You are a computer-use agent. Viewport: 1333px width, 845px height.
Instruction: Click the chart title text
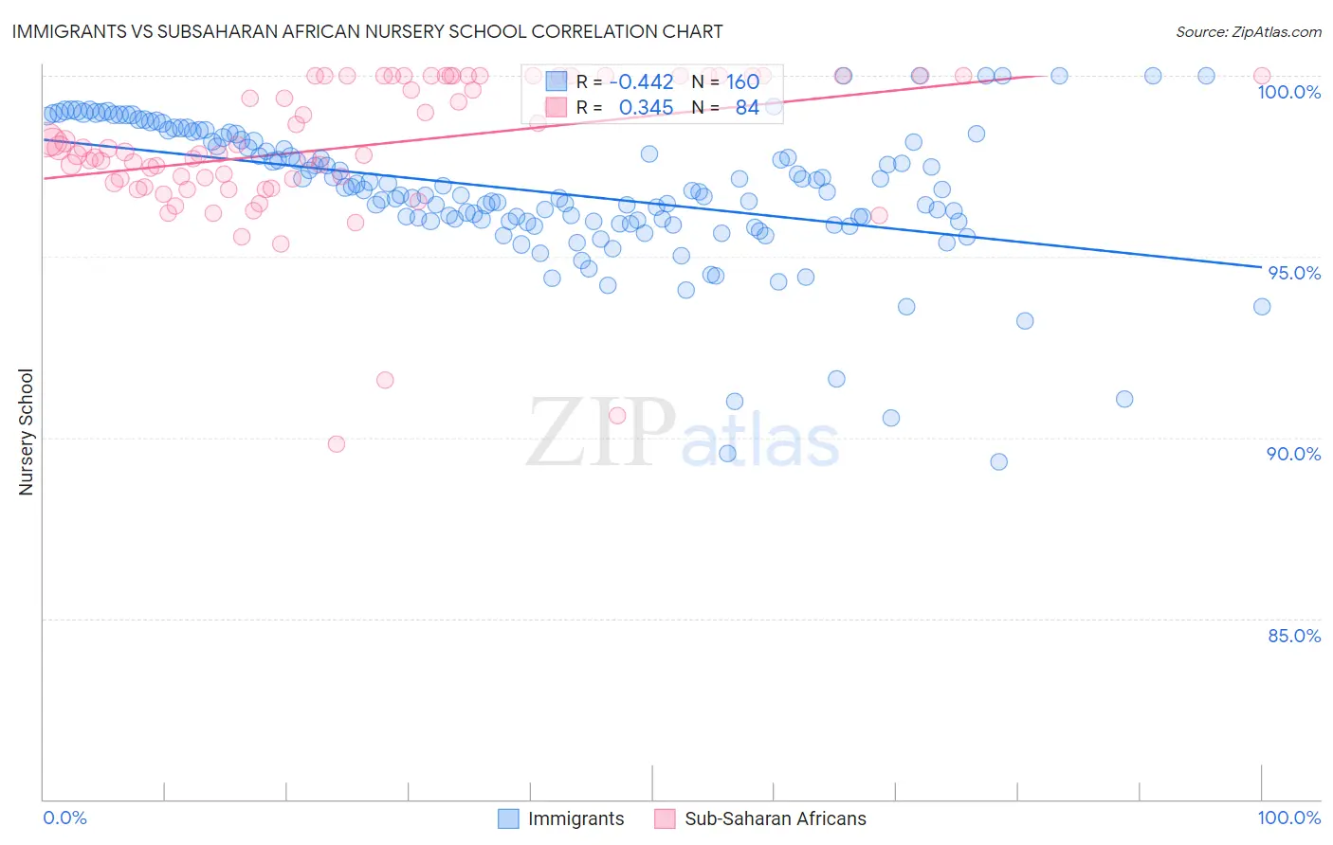point(367,31)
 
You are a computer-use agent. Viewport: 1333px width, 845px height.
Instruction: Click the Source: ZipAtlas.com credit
point(1248,31)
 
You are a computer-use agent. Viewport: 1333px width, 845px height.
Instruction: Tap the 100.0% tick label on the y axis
point(1288,92)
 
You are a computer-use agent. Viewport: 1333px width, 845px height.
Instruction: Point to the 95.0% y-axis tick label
point(1294,273)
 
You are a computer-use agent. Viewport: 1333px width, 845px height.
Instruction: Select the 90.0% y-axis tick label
point(1294,454)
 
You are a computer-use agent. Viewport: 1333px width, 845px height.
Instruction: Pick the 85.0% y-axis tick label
point(1294,636)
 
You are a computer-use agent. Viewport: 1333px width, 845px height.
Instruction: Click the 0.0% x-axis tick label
point(65,818)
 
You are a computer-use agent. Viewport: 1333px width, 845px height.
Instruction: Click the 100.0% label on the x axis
point(1288,818)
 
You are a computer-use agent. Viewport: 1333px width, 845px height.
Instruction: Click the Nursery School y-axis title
point(27,432)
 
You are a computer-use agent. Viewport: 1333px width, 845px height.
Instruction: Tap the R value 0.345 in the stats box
point(646,108)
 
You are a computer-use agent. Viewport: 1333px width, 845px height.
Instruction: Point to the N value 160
point(742,81)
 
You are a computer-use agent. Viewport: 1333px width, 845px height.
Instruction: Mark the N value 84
point(747,108)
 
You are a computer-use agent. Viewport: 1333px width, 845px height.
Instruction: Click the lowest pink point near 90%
point(336,444)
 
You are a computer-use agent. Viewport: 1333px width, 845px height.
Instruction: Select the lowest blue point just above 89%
point(998,462)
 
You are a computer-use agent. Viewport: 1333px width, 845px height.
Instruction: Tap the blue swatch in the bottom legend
point(509,818)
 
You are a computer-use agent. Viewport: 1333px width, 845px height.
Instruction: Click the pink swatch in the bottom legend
point(665,818)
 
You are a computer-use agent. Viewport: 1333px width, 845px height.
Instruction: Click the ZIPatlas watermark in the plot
point(683,433)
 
